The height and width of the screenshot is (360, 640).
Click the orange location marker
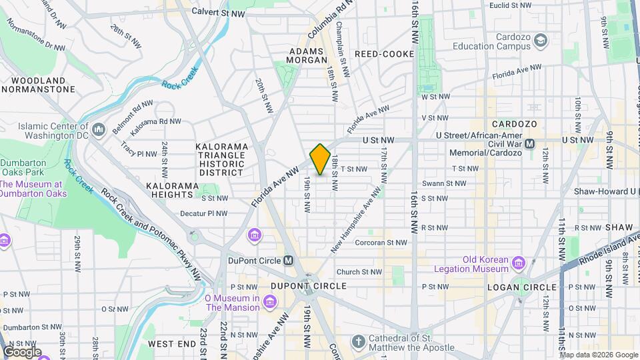pos(320,159)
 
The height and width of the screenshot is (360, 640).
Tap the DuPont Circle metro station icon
pos(289,261)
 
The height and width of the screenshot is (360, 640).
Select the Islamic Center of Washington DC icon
pos(99,129)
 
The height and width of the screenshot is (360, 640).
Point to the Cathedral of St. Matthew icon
pos(358,342)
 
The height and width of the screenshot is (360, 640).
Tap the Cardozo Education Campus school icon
pos(540,41)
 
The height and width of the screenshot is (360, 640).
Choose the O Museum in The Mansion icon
pos(269,303)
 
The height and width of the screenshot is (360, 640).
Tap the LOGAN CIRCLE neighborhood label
pos(521,287)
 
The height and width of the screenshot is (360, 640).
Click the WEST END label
pos(171,343)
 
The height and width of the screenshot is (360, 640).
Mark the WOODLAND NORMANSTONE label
pos(38,85)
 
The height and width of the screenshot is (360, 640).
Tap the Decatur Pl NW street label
pos(208,214)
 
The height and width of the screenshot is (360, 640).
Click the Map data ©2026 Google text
pos(599,355)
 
